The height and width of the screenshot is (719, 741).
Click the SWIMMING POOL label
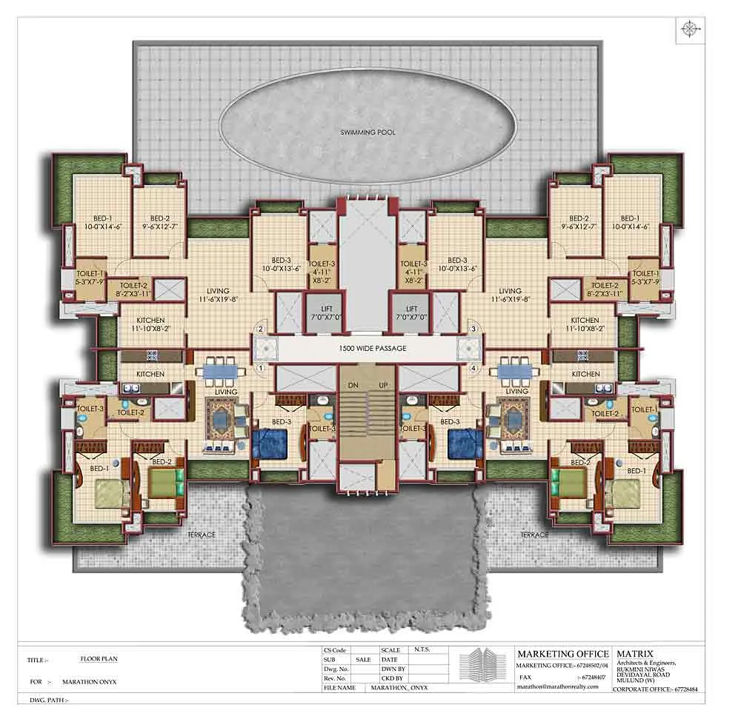coord(368,133)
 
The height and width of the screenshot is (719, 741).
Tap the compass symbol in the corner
coord(690,29)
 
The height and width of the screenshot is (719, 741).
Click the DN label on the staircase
coord(353,386)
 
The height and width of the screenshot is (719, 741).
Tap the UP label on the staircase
coord(384,386)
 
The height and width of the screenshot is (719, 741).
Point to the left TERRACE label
coord(201,535)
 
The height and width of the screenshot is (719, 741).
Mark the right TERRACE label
coord(534,535)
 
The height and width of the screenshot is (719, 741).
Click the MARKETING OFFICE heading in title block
coord(562,654)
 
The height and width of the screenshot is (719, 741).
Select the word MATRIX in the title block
coord(634,654)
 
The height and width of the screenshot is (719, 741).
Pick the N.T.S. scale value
coord(422,650)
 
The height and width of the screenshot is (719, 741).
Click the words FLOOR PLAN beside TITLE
coord(99,658)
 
